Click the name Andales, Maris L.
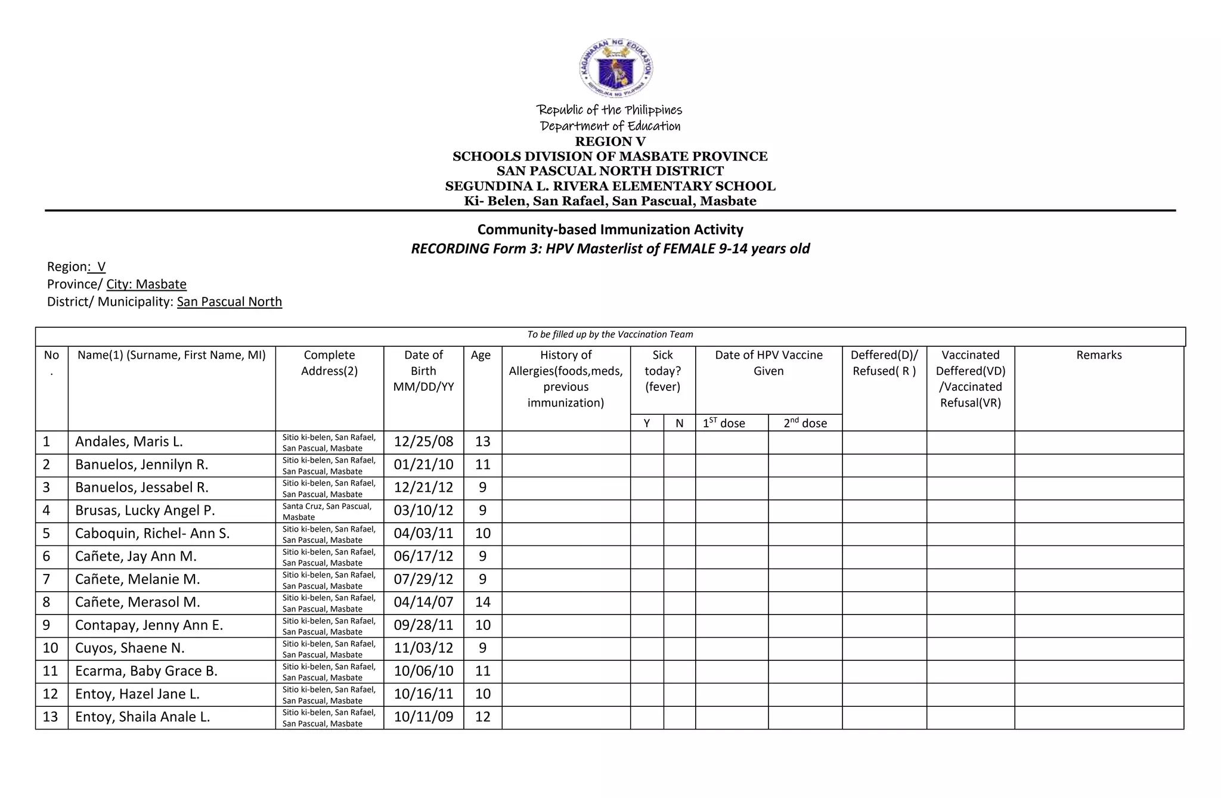129,442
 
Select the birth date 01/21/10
423,465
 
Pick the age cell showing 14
483,603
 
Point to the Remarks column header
1099,355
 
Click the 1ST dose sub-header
724,423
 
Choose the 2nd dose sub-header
805,423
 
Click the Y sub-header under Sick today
647,423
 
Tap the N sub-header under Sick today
679,423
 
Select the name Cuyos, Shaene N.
130,648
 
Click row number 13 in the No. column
51,717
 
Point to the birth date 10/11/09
423,717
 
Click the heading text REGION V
610,142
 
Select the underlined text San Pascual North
230,302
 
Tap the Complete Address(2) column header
329,363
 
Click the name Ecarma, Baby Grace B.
146,671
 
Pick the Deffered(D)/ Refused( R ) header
884,363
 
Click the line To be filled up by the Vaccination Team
610,335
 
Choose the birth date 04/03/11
423,533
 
